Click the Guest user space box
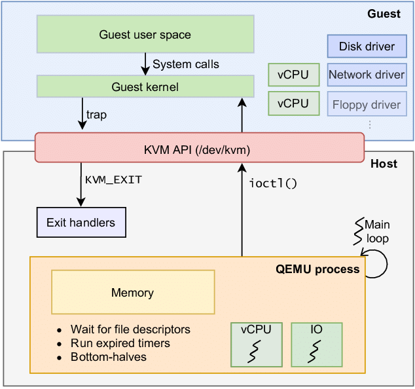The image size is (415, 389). pos(145,34)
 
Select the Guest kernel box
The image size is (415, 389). pos(145,86)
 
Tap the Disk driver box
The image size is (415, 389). pos(367,46)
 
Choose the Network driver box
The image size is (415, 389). pos(367,75)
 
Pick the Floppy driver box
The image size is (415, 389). pos(367,104)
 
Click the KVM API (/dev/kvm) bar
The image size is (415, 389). pos(198,147)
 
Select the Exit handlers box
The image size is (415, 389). pos(81,223)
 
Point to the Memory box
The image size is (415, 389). pos(133,293)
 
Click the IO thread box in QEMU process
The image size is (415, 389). pos(316,344)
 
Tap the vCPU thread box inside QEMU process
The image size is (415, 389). pos(256,344)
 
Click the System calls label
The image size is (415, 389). pos(185,64)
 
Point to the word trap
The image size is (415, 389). pos(96,115)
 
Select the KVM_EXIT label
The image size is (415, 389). pos(113,179)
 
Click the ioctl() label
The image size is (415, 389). pos(273,183)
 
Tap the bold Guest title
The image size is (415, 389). pos(384,14)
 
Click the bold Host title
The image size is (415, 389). pos(384,164)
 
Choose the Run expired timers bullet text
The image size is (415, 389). pos(120,343)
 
